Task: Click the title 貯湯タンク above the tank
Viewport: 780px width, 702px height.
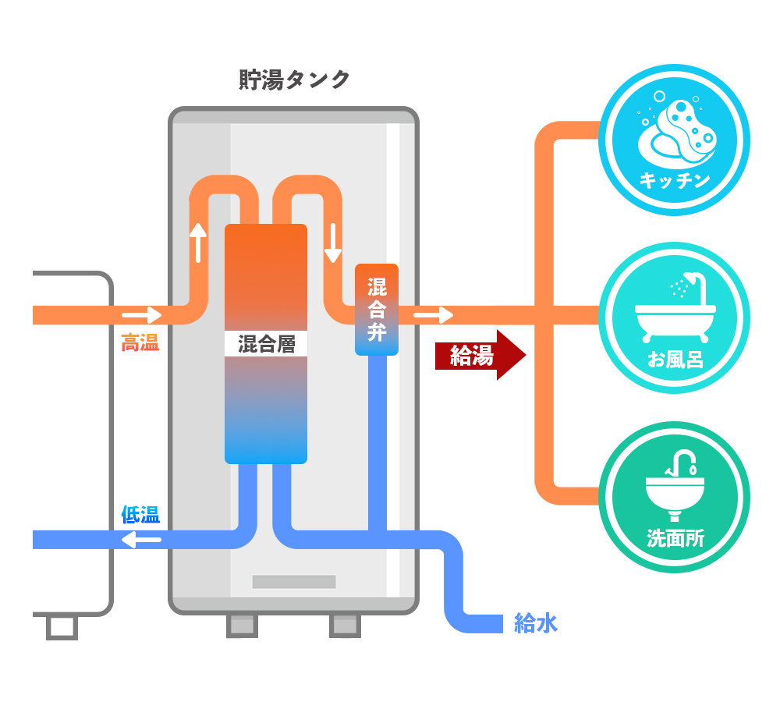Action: (x=294, y=80)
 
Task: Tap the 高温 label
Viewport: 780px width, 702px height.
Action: (x=140, y=342)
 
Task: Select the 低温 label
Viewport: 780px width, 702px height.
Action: (x=140, y=515)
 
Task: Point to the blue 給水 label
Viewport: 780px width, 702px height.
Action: (x=536, y=623)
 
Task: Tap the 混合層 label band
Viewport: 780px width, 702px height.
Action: (x=266, y=344)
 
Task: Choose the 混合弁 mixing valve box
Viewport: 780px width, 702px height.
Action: (x=377, y=310)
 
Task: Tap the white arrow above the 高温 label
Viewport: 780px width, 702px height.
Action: (x=141, y=315)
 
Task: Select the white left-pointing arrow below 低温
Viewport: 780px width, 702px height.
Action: (x=141, y=539)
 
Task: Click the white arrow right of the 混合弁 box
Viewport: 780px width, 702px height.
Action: (x=434, y=315)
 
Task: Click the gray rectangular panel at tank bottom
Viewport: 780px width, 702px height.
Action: (x=294, y=582)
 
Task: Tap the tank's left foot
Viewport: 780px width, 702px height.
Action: (x=242, y=625)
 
